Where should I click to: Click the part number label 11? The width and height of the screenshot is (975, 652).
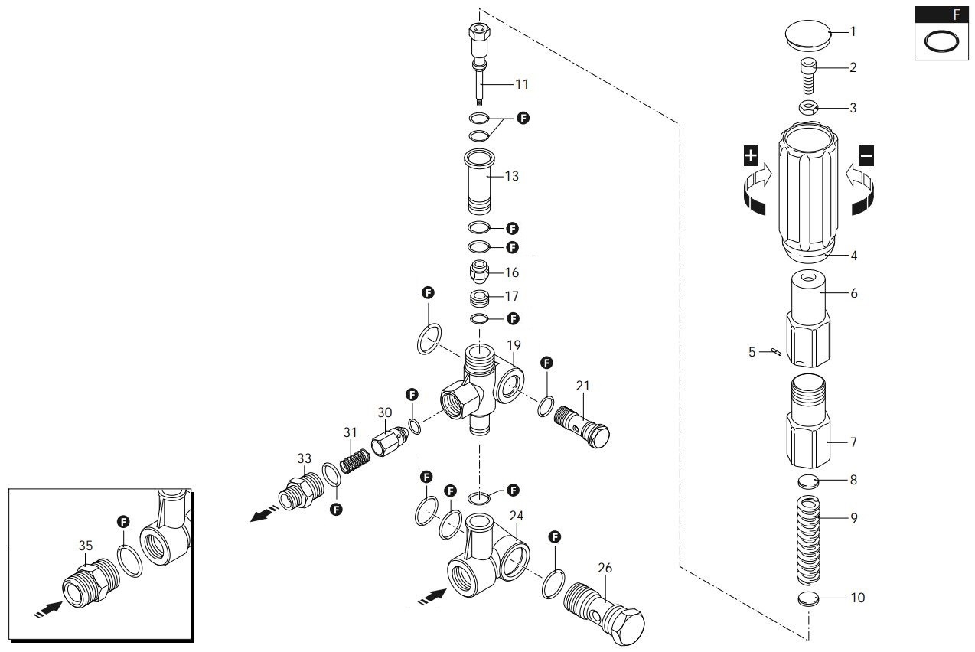[x=521, y=83]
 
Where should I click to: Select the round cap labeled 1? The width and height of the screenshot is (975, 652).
[x=807, y=34]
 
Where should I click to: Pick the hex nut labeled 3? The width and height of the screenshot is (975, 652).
[x=810, y=108]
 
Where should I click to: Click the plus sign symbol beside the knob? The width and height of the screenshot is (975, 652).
[x=751, y=157]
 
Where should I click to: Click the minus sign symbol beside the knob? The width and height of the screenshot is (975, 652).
[x=866, y=157]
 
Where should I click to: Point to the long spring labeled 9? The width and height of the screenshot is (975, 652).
[x=810, y=539]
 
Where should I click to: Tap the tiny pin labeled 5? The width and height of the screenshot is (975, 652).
[x=776, y=352]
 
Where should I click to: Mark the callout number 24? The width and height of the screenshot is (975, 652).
[x=517, y=517]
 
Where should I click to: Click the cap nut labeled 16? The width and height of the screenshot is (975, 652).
[x=480, y=272]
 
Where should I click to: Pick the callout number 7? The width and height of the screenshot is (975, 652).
[x=853, y=442]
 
